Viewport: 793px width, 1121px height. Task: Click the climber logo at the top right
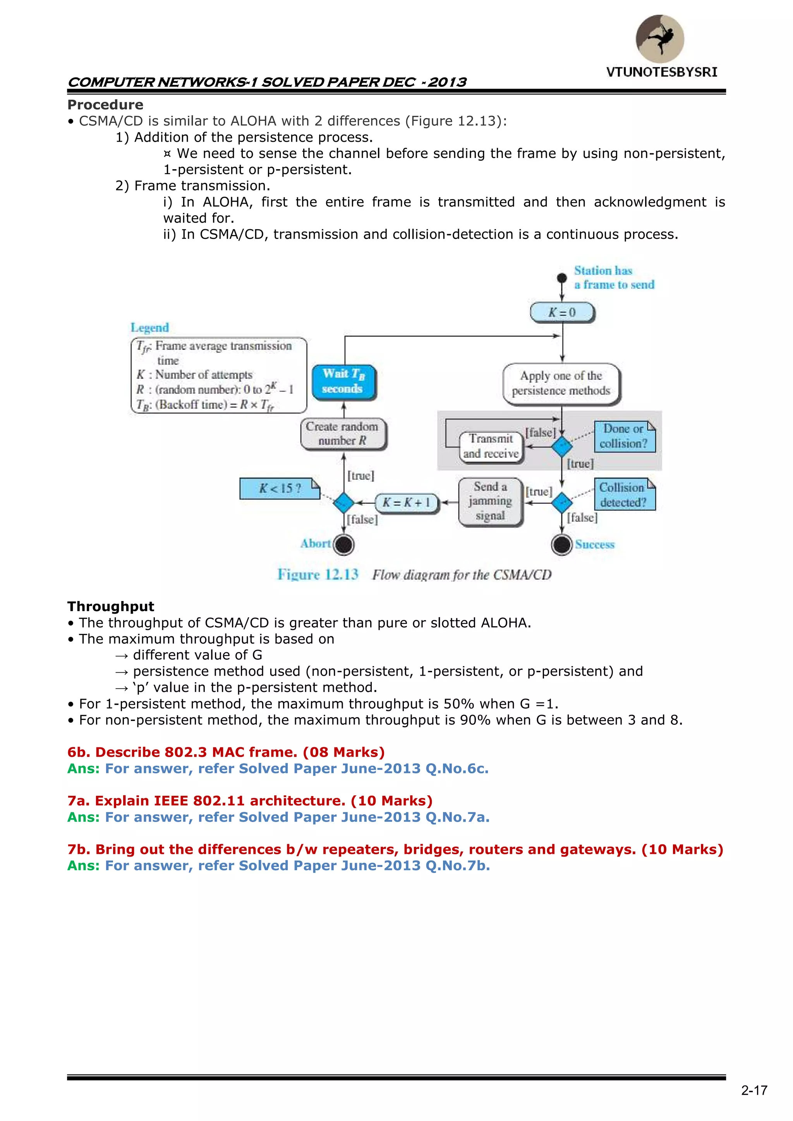point(660,39)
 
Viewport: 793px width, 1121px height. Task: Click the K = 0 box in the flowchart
point(562,312)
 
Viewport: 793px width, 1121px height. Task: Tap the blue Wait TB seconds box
point(344,382)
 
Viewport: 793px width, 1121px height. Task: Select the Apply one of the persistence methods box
point(561,383)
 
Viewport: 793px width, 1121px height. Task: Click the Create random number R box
point(343,434)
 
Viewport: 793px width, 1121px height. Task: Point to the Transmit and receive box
point(491,446)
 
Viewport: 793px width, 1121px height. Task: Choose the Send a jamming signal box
point(490,501)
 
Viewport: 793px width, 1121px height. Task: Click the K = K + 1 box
point(406,502)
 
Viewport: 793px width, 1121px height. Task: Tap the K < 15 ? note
point(279,488)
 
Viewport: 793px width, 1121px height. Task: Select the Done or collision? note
point(624,436)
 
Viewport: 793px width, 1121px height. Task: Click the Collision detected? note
point(624,494)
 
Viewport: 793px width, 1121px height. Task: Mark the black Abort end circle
point(344,544)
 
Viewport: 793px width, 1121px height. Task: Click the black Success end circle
point(561,544)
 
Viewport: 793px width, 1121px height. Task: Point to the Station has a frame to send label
point(613,277)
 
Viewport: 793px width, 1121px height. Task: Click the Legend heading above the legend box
point(149,328)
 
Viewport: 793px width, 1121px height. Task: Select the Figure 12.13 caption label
point(318,575)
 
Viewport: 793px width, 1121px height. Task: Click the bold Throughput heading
point(111,606)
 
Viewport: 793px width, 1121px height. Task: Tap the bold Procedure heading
point(105,105)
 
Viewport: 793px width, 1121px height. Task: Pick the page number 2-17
point(754,1090)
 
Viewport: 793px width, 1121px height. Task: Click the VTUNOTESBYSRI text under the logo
point(662,72)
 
